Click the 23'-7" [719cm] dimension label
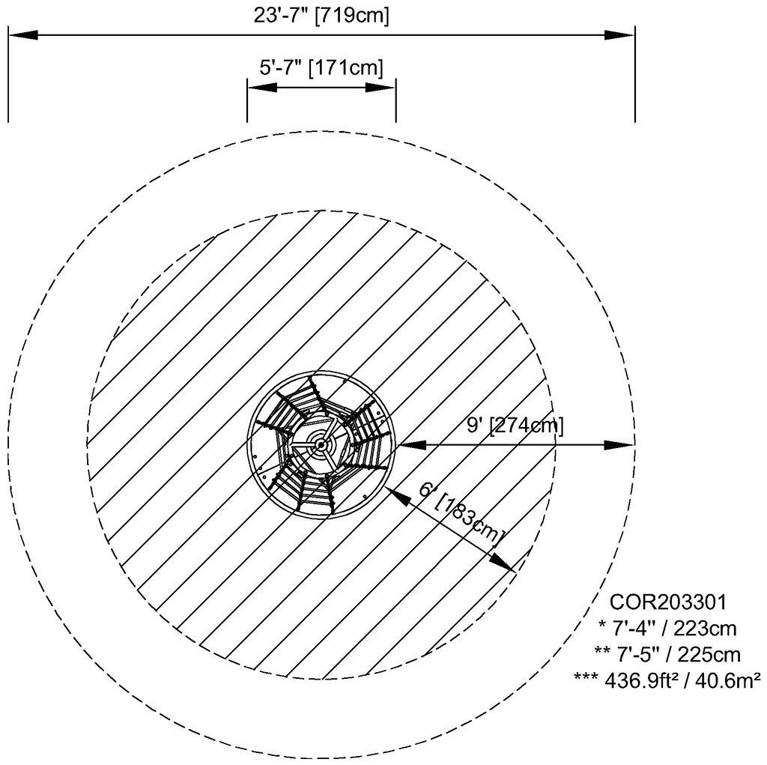(x=321, y=15)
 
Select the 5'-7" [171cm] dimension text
(x=321, y=67)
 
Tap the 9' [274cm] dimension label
(x=515, y=426)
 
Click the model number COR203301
(x=668, y=602)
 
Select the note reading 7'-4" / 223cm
(x=667, y=628)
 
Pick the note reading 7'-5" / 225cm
(x=667, y=654)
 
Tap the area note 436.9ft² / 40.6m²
(x=667, y=680)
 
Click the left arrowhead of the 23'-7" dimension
(x=23, y=34)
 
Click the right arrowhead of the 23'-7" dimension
(x=619, y=34)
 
